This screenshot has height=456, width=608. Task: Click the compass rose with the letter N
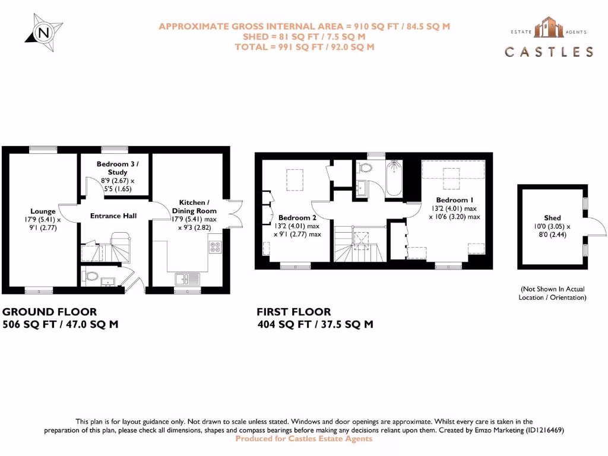pyautogui.click(x=43, y=32)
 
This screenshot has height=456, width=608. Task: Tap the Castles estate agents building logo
pyautogui.click(x=548, y=29)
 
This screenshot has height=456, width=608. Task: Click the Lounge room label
pyautogui.click(x=43, y=211)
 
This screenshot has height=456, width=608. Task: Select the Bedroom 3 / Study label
pyautogui.click(x=118, y=168)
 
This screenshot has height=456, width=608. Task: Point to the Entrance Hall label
pyautogui.click(x=113, y=216)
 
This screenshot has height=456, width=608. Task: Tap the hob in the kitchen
pyautogui.click(x=215, y=247)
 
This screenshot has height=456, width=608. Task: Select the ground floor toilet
pyautogui.click(x=91, y=277)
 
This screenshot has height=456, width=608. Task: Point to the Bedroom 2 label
pyautogui.click(x=294, y=218)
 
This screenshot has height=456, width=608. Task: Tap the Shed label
pyautogui.click(x=552, y=218)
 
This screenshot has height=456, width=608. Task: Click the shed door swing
pyautogui.click(x=596, y=229)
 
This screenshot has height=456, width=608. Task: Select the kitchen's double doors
pyautogui.click(x=236, y=213)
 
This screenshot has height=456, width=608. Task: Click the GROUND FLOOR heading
pyautogui.click(x=50, y=312)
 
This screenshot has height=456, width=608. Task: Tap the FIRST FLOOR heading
pyautogui.click(x=294, y=312)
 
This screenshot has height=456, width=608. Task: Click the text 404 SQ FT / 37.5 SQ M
pyautogui.click(x=315, y=325)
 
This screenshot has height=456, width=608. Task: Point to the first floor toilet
pyautogui.click(x=364, y=168)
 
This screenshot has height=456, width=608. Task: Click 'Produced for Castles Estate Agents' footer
pyautogui.click(x=304, y=439)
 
